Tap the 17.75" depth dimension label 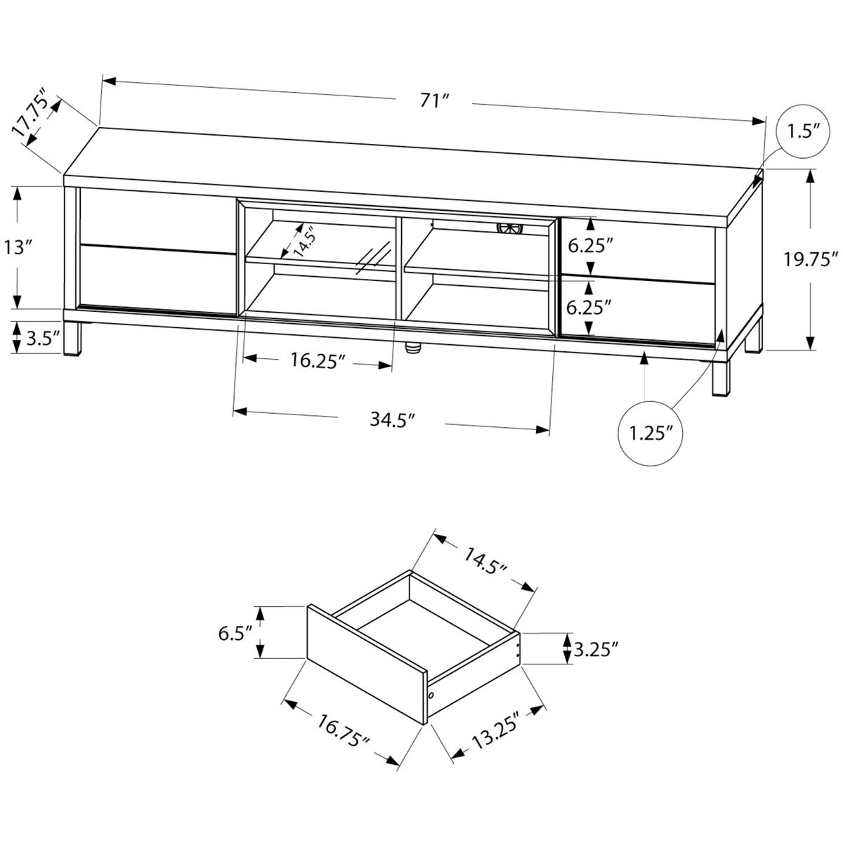pos(32,112)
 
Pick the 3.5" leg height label pos(41,339)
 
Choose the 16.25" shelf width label pos(318,361)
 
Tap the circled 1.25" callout pos(646,433)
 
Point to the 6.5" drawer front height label pos(235,633)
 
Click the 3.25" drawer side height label pos(596,648)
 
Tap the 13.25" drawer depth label pos(496,734)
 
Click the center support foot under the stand pos(412,346)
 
